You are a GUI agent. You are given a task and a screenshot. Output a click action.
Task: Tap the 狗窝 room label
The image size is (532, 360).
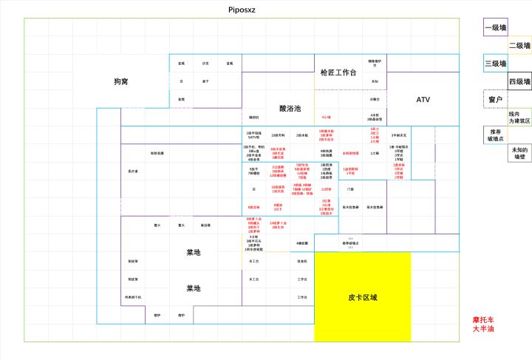[121, 81]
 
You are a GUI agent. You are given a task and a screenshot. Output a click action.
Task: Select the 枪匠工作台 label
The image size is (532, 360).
[338, 72]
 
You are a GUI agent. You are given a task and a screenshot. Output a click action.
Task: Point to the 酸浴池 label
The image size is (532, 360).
[290, 108]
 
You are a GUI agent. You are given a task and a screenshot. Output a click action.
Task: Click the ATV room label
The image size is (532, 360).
[423, 99]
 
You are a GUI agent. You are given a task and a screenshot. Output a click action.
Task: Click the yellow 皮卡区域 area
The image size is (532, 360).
[363, 297]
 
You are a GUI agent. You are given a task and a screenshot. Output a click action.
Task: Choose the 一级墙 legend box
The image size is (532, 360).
[495, 27]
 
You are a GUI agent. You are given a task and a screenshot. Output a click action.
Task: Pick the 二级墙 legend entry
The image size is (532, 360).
[519, 45]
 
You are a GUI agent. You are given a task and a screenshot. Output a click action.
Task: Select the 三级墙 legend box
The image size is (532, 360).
[495, 64]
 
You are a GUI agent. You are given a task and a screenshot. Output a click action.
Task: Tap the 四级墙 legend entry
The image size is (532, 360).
[519, 81]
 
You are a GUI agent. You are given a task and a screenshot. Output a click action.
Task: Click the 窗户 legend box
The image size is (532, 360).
[495, 99]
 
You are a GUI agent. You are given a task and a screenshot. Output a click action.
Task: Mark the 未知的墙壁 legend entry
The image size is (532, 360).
[519, 153]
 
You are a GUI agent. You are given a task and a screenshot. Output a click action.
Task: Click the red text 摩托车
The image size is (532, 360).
[483, 320]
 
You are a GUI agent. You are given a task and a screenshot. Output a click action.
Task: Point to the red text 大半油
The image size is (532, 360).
[483, 329]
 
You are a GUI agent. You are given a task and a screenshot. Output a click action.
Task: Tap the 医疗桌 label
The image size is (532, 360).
[133, 171]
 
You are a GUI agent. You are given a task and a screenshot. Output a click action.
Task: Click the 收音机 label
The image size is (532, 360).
[302, 261]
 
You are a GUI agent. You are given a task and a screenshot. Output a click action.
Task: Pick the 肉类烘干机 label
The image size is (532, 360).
[133, 297]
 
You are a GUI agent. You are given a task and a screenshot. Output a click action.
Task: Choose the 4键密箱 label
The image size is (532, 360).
[302, 243]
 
